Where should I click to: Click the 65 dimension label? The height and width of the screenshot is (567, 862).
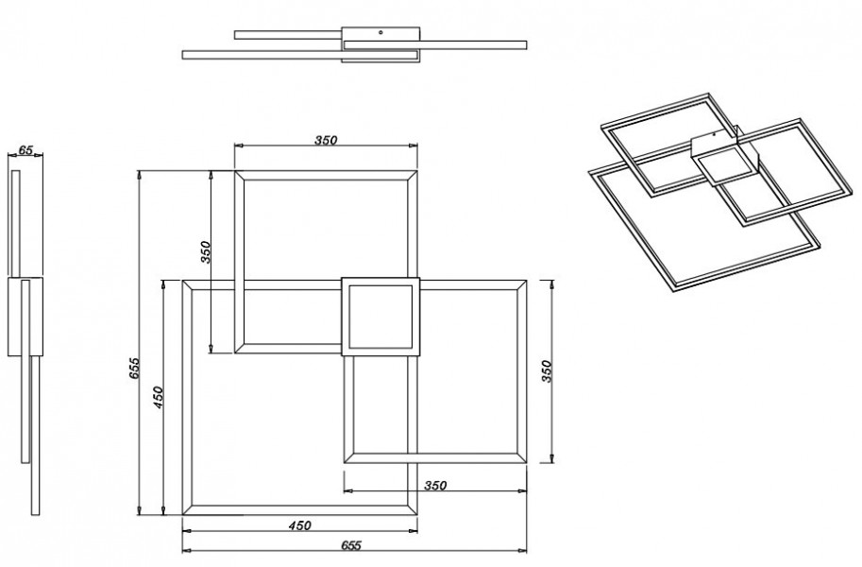coord(25,149)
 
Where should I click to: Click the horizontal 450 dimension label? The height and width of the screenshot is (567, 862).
coord(299,525)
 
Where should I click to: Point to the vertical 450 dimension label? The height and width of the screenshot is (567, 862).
coord(159,397)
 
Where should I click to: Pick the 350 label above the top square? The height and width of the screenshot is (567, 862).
coord(326,141)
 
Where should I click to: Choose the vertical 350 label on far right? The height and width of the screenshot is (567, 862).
coord(546,371)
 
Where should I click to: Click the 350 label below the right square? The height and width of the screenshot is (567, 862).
coord(435,486)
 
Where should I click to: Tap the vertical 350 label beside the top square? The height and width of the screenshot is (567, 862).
coord(206,252)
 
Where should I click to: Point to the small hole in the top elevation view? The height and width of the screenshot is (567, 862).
coord(381,33)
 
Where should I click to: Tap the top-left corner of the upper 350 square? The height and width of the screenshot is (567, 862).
coord(235,171)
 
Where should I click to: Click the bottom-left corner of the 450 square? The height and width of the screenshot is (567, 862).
coord(183,515)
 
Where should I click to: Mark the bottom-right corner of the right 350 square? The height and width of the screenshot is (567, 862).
coord(526,462)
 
